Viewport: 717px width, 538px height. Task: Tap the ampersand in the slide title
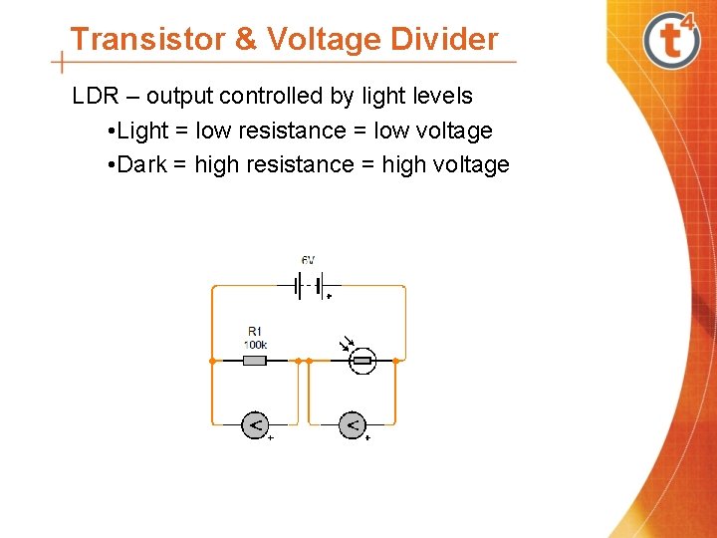[244, 40]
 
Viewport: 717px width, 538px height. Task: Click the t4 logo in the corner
[673, 40]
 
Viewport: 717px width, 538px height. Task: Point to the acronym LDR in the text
[97, 97]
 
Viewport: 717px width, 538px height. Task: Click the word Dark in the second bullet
[141, 164]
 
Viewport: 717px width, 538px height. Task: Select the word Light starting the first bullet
[142, 131]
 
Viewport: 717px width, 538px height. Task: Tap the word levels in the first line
[437, 97]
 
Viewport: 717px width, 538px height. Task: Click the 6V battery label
[309, 261]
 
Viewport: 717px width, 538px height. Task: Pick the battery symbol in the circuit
[309, 287]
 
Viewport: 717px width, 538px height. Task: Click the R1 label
[255, 332]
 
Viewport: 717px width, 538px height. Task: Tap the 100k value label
[255, 344]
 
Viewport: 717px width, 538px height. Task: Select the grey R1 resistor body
[255, 360]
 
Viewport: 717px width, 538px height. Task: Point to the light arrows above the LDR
[348, 345]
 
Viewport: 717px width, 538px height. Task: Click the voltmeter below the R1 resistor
[255, 425]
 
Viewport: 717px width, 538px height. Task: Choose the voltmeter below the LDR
[353, 425]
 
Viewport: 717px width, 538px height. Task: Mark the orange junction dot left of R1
[212, 360]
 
